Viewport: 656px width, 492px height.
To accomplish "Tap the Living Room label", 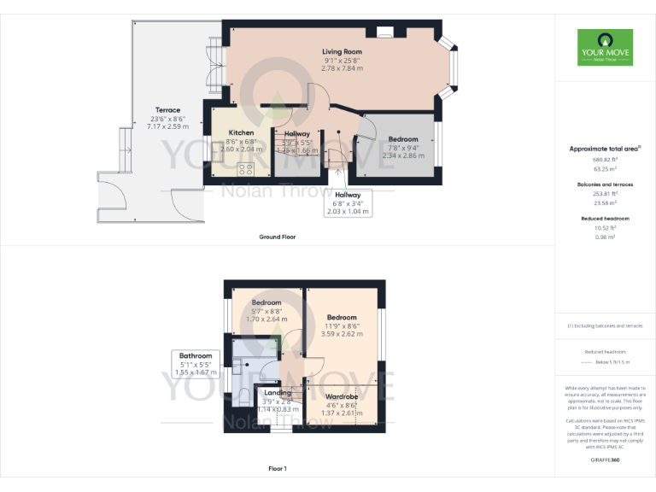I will pos(342,52).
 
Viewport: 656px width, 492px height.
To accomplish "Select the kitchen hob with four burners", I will pos(249,167).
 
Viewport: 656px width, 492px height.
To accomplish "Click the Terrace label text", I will pos(167,109).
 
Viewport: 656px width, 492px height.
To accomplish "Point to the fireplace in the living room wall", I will pos(384,33).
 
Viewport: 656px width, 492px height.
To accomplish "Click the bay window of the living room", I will pos(450,64).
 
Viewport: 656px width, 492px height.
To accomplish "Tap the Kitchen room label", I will pos(242,132).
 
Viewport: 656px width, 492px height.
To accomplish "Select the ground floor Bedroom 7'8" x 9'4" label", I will pos(403,139).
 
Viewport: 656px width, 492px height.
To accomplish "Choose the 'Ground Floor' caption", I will pos(277,237).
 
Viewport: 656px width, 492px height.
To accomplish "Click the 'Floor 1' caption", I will pos(277,469).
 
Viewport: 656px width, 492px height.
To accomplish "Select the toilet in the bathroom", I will pos(243,395).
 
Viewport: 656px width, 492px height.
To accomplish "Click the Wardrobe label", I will pos(341,396).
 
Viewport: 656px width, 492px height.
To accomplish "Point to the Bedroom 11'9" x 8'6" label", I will pos(342,318).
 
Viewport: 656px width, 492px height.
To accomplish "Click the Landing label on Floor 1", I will pos(278,393).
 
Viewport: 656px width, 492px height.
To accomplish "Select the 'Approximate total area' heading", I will pos(604,149).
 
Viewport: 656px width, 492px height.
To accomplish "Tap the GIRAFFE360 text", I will pos(605,460).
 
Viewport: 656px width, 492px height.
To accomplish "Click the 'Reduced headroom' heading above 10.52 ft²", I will pos(605,218).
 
